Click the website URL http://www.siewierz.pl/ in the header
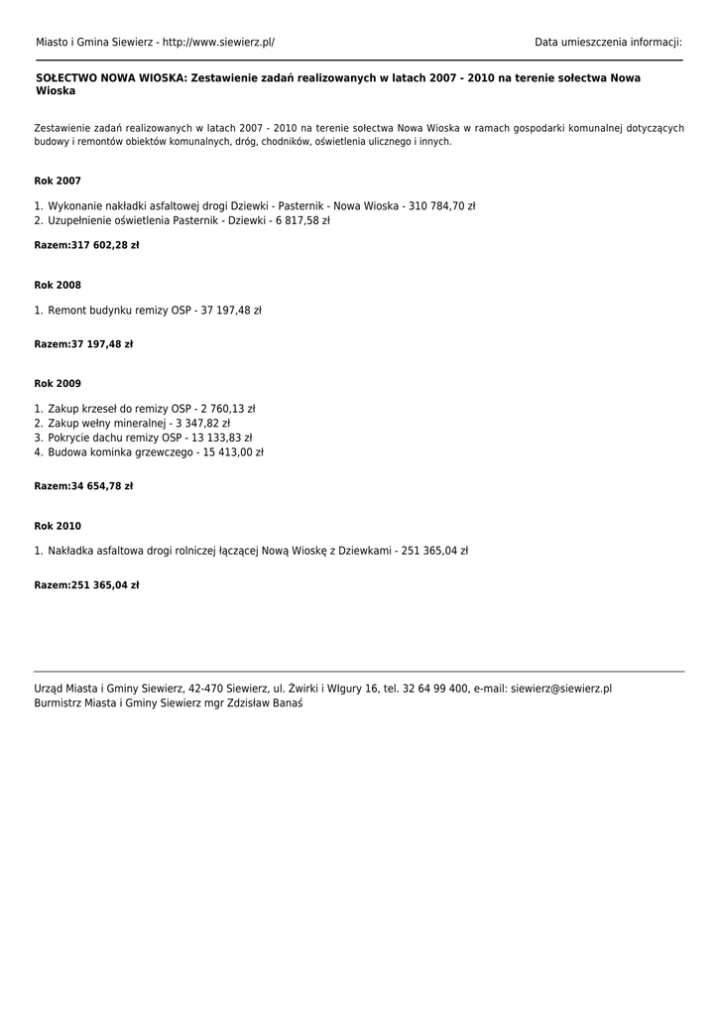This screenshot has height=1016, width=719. coord(218,43)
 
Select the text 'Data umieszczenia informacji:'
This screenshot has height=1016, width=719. coord(608,43)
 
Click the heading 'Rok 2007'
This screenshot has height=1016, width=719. coord(58,182)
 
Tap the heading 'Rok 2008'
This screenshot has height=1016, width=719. coord(58,286)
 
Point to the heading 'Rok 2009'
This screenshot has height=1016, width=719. coord(58,384)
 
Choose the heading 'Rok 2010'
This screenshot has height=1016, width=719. coord(58,527)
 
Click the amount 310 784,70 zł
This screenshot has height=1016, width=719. coord(442,206)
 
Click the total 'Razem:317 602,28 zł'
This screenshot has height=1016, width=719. coord(86,245)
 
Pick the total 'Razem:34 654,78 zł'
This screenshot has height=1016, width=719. coord(83,487)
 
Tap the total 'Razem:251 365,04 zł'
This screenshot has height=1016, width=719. coord(86,585)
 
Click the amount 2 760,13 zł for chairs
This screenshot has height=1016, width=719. coord(228,409)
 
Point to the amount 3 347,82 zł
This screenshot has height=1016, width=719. coord(202,424)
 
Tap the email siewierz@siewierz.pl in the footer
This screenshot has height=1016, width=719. coord(561,689)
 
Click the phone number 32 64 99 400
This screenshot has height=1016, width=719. coord(436,689)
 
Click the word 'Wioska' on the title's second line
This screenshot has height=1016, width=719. coord(56,91)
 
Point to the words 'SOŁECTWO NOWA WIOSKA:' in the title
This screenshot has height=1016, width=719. coord(111,77)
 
